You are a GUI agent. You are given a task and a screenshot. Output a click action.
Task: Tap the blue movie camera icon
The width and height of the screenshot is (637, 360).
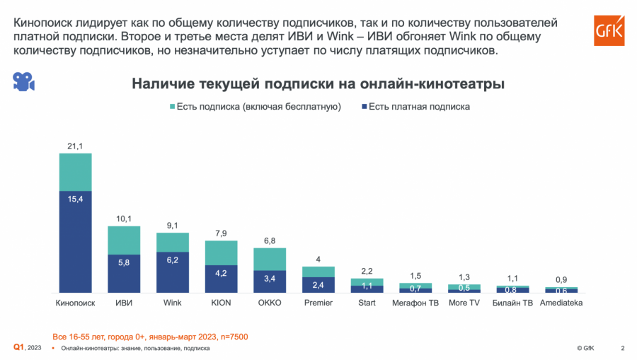click(23, 81)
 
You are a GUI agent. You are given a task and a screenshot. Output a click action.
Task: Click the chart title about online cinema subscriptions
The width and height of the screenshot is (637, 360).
click(318, 84)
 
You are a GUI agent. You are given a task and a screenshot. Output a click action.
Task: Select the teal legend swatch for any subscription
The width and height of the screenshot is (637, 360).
click(172, 107)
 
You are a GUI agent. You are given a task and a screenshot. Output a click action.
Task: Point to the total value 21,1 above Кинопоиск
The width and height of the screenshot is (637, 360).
click(75, 146)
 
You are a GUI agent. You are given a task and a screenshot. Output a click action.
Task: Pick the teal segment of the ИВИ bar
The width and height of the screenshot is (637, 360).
click(124, 240)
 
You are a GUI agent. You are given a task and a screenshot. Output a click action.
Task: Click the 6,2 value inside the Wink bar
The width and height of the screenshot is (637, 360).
click(173, 261)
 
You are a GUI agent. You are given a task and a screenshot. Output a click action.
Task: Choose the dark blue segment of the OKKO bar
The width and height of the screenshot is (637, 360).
click(270, 281)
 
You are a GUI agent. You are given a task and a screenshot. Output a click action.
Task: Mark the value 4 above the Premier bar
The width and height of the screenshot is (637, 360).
click(318, 259)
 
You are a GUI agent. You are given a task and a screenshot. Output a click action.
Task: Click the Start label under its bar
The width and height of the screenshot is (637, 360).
click(367, 303)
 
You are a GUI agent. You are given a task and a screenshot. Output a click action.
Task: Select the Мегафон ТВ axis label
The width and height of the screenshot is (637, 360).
click(415, 303)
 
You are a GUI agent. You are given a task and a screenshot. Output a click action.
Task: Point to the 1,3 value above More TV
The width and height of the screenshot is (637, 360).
click(464, 277)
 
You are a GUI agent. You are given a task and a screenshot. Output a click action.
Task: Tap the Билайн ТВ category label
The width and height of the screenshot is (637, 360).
click(512, 303)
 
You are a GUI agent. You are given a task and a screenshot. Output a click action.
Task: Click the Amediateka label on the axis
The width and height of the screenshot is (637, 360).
click(561, 303)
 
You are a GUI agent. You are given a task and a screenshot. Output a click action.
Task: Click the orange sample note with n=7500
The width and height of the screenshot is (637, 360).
click(150, 335)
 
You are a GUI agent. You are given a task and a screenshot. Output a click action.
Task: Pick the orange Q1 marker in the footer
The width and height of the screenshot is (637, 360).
click(19, 347)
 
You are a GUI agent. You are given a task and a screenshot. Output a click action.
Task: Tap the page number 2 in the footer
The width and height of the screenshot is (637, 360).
click(623, 348)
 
